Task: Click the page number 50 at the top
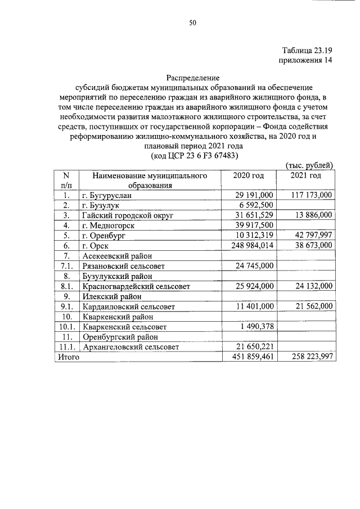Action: pyautogui.click(x=192, y=23)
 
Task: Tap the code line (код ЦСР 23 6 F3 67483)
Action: pyautogui.click(x=192, y=155)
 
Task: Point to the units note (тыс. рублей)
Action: pyautogui.click(x=310, y=165)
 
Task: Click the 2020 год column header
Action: pyautogui.click(x=249, y=175)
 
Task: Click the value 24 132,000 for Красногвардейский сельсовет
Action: pyautogui.click(x=312, y=286)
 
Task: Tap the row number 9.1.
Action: pyautogui.click(x=66, y=307)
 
